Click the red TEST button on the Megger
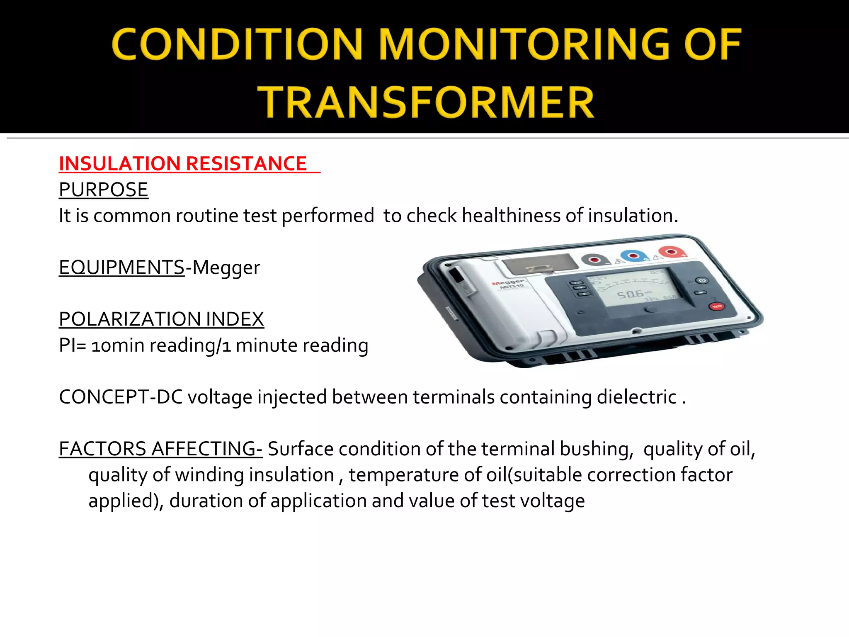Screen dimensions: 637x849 coord(717,306)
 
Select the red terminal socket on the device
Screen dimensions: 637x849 coord(672,252)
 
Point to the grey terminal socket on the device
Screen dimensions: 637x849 coord(595,260)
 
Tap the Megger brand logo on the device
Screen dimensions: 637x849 coord(508,282)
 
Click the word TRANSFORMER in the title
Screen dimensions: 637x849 coord(426,102)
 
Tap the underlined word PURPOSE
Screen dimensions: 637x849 coord(104,190)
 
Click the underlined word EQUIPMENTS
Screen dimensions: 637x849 coord(121,267)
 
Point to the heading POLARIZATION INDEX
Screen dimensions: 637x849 coord(161,319)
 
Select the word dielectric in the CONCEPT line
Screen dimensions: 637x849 coord(637,397)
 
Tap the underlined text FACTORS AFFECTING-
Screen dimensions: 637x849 coord(160,449)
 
